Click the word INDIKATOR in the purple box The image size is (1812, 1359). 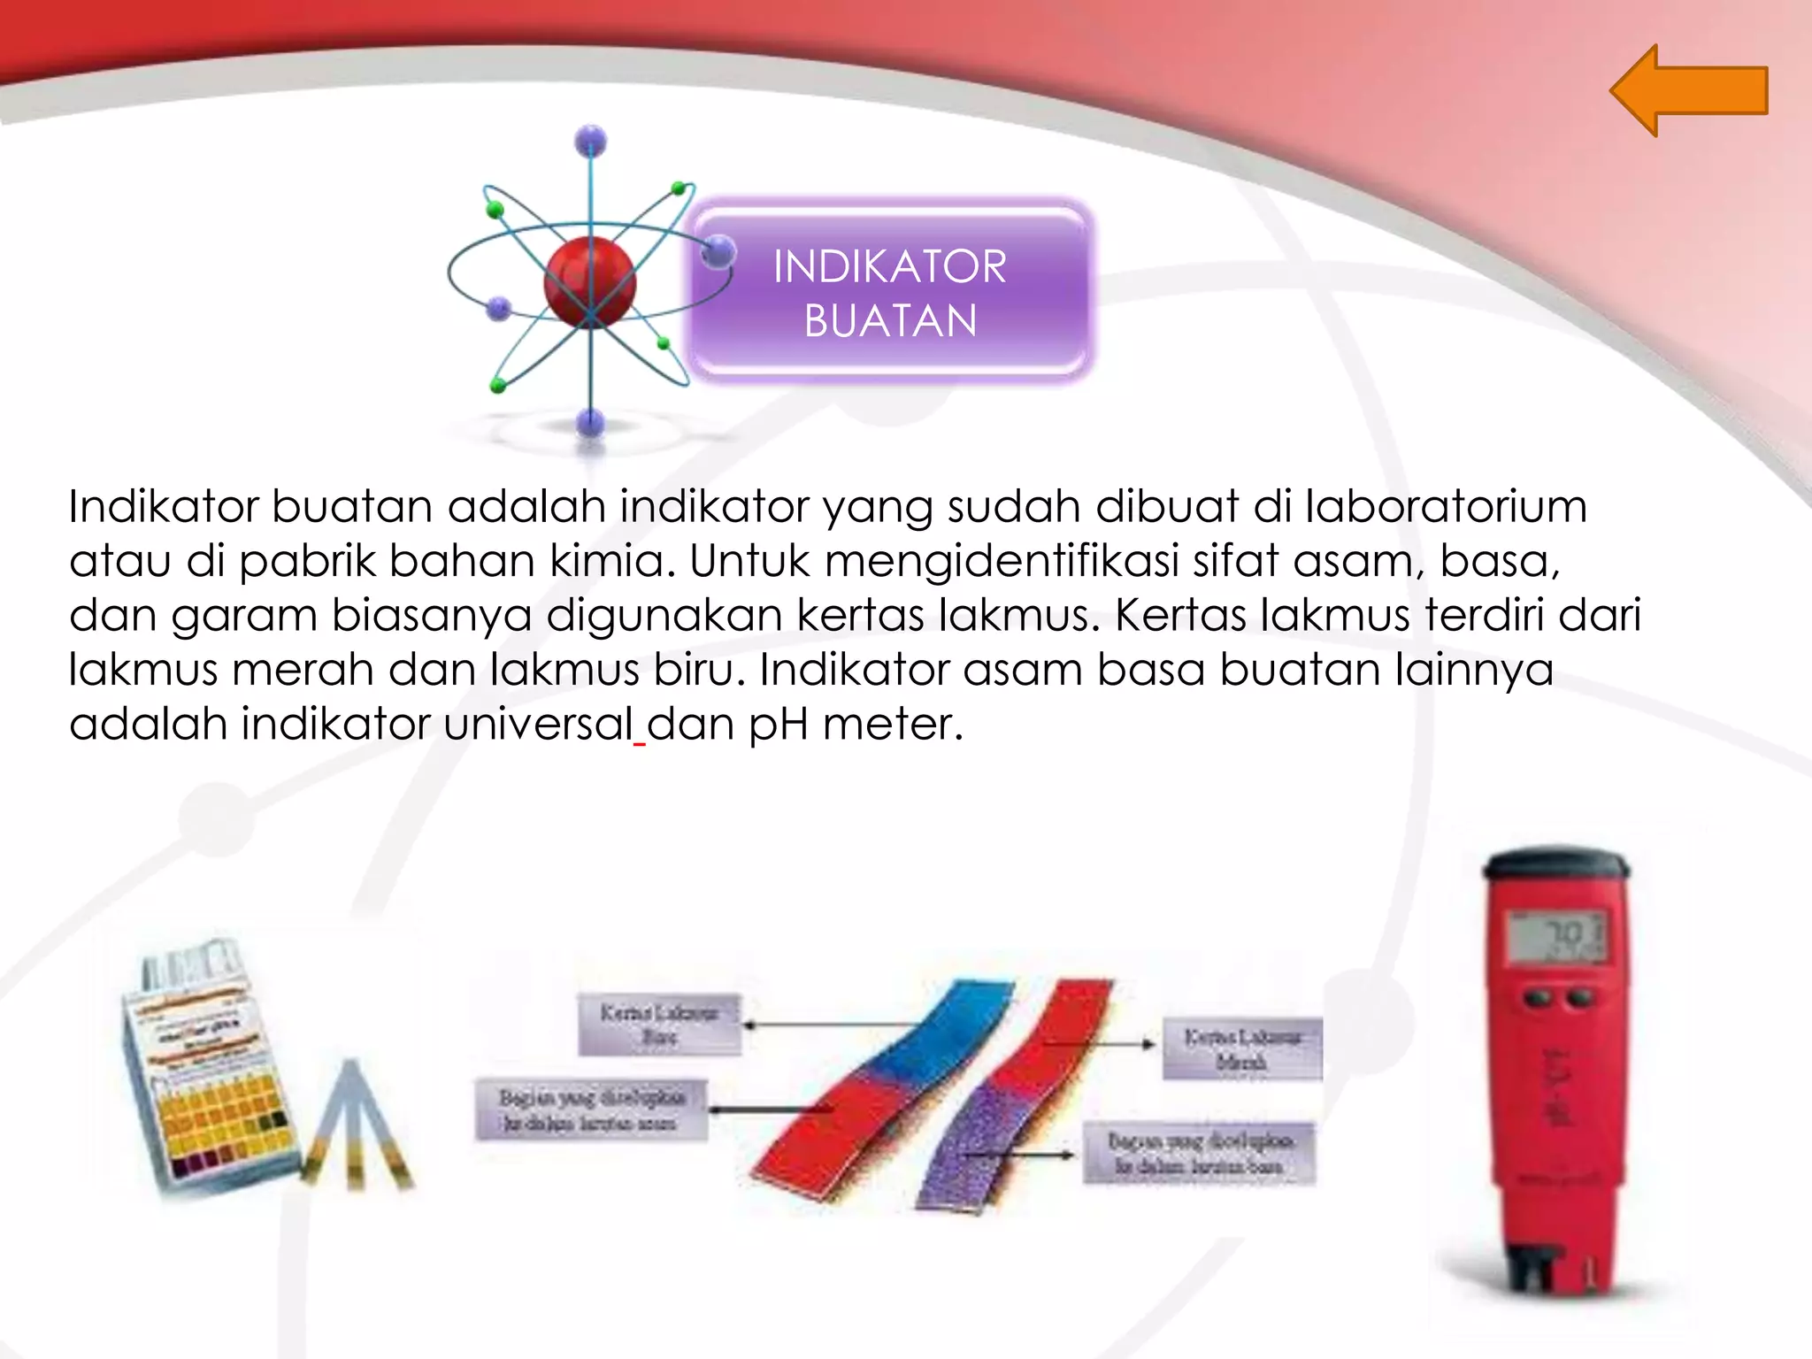889,266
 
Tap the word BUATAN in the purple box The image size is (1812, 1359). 890,320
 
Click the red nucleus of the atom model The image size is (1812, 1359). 589,281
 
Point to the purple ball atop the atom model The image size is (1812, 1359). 590,141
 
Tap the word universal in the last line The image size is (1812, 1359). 539,724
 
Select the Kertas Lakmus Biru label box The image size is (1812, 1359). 659,1024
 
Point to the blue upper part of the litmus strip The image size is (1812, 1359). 947,1031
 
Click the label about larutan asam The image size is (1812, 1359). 591,1109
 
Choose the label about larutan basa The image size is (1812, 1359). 1199,1153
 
